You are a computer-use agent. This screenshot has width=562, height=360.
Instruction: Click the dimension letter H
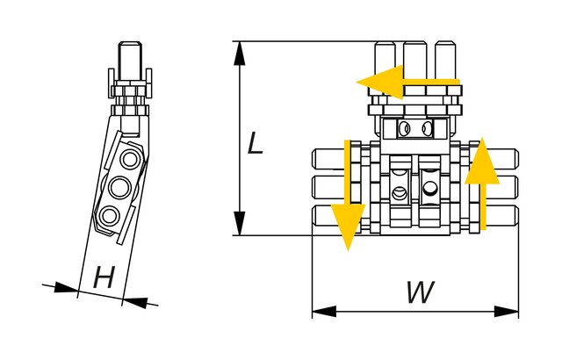(x=104, y=277)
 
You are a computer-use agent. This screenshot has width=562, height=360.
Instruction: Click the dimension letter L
(x=256, y=143)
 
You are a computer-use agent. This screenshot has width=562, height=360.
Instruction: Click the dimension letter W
(x=420, y=292)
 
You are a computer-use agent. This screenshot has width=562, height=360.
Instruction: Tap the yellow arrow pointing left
(x=407, y=83)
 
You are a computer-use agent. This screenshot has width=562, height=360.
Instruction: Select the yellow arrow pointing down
(x=348, y=195)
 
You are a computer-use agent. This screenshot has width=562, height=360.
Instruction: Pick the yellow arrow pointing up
(x=482, y=184)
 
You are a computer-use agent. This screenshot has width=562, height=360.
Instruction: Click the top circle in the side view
(x=129, y=159)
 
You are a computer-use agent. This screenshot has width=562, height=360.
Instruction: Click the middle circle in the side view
(x=119, y=187)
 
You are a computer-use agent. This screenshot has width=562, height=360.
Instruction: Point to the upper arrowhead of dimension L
(x=240, y=54)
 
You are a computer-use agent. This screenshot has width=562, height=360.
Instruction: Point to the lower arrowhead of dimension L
(x=240, y=224)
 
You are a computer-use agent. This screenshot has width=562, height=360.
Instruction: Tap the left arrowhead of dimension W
(x=324, y=312)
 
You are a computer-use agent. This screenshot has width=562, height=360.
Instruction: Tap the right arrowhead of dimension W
(x=507, y=312)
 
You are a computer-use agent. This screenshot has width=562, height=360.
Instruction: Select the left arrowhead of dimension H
(x=66, y=288)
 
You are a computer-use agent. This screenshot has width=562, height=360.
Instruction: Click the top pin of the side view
(x=131, y=60)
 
